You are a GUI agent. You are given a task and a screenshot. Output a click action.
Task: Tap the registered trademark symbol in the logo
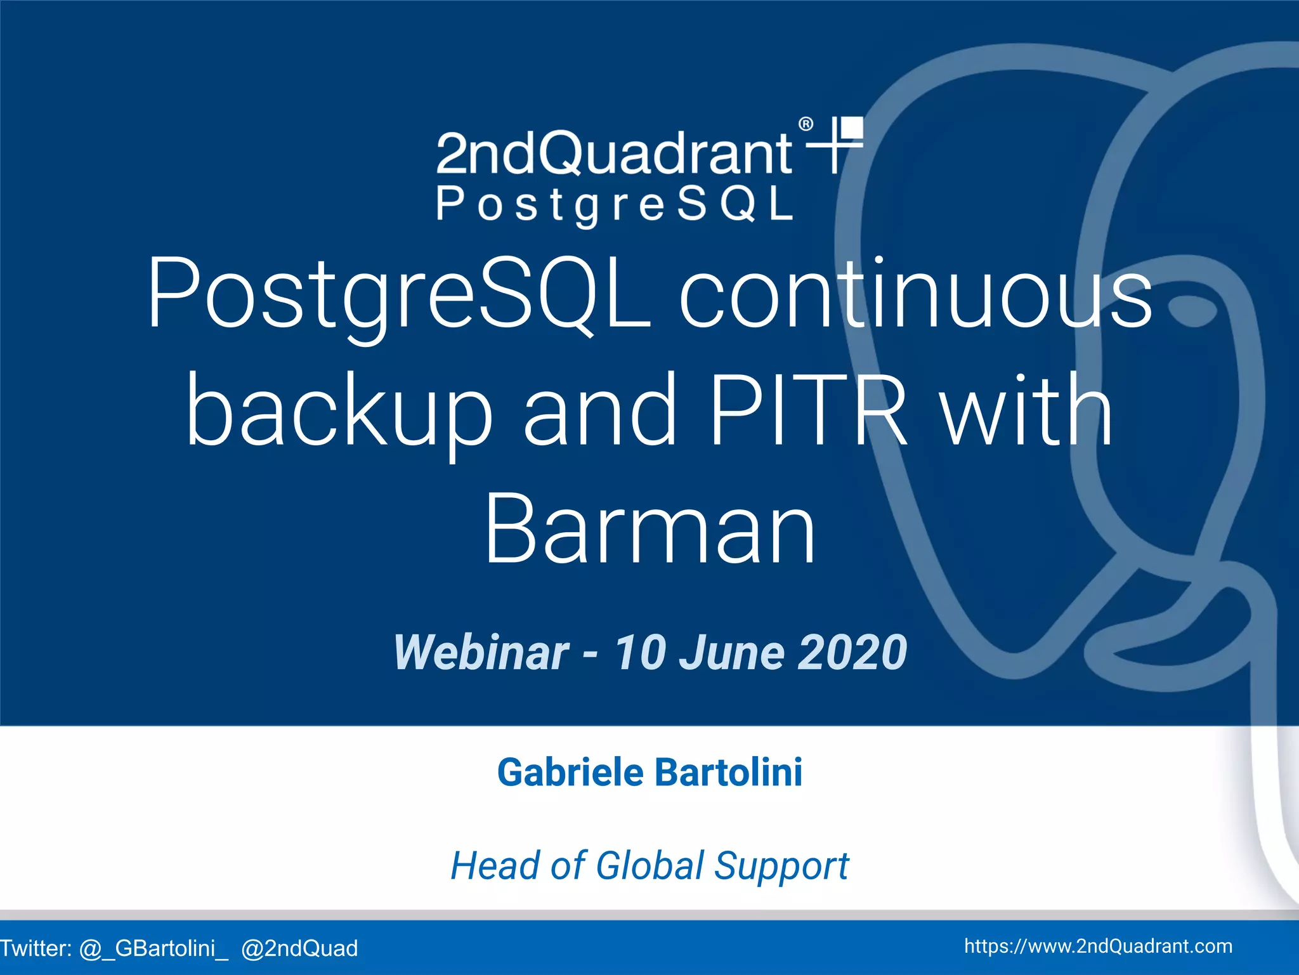(806, 124)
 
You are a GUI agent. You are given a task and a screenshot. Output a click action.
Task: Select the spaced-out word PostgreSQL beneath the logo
(615, 205)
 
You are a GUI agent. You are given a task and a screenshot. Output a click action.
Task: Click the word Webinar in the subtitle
(481, 653)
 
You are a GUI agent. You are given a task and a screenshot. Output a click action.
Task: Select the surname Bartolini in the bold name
(728, 773)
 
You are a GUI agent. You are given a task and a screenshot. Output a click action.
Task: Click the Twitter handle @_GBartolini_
(153, 948)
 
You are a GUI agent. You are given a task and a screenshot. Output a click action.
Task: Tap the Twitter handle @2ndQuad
(299, 948)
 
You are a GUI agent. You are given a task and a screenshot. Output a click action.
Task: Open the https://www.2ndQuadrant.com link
(1098, 946)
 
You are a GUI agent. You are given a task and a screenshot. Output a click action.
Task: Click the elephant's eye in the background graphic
(1194, 313)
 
